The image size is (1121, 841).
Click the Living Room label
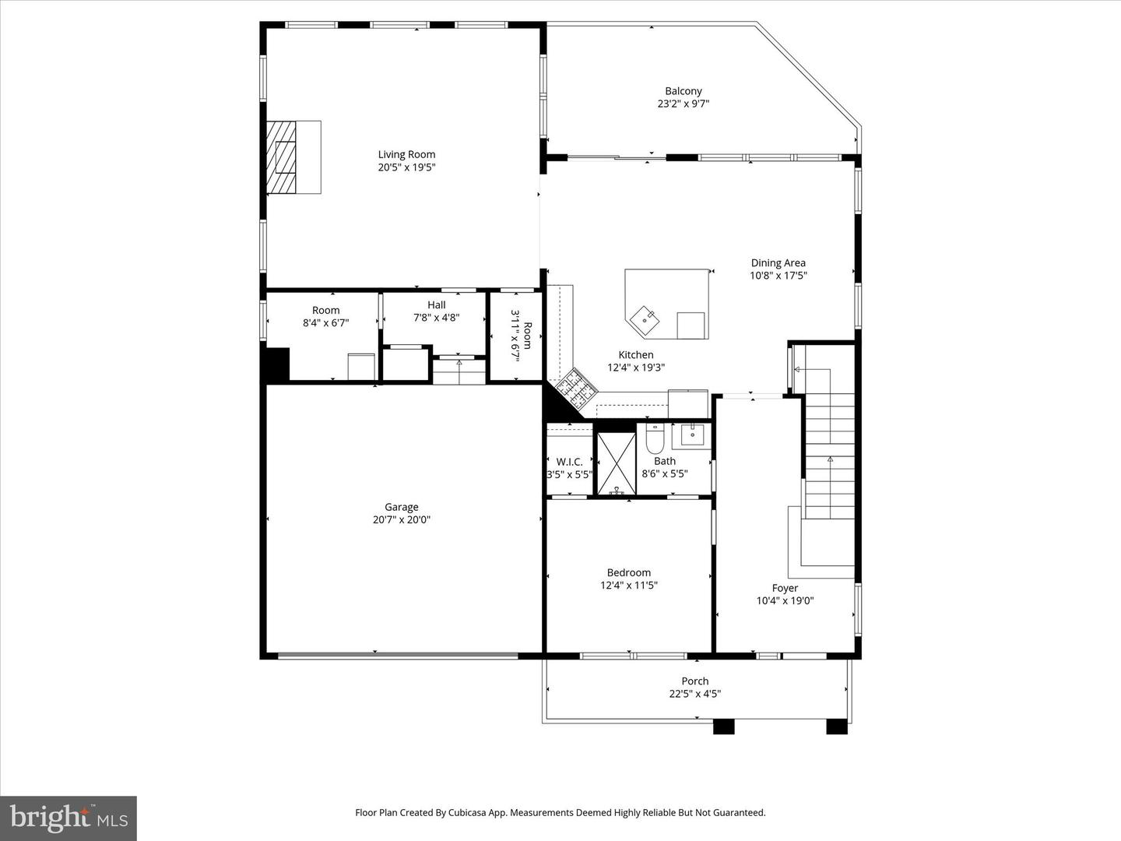click(406, 154)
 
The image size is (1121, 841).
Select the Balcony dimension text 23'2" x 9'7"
click(683, 104)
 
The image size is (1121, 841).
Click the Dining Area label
click(778, 263)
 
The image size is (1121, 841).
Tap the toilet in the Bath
click(654, 440)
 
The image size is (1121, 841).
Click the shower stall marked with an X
click(616, 463)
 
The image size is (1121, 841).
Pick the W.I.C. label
click(569, 462)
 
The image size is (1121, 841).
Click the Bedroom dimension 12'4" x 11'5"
click(628, 586)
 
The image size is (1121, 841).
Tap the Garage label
click(401, 507)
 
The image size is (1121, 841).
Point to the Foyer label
click(785, 588)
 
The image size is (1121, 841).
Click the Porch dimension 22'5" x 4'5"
click(694, 694)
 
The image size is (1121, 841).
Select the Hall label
click(436, 304)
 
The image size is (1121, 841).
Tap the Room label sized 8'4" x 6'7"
click(325, 310)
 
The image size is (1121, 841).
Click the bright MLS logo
click(69, 818)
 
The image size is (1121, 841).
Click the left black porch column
click(723, 727)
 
